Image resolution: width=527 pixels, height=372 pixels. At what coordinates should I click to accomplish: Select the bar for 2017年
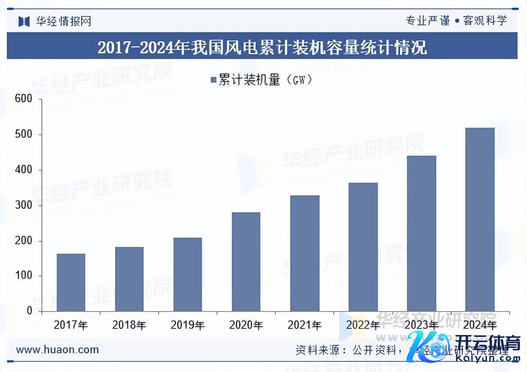point(71,282)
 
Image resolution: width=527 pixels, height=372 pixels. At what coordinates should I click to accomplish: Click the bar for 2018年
point(129,279)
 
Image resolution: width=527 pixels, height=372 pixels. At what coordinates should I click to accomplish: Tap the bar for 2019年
point(188,274)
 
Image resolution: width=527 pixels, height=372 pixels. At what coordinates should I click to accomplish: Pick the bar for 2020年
point(246,262)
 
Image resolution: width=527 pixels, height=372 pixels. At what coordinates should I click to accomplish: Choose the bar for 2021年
point(305,253)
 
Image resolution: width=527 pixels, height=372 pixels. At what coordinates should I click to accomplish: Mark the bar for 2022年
point(363,247)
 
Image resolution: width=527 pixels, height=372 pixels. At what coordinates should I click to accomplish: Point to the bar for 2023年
point(421,233)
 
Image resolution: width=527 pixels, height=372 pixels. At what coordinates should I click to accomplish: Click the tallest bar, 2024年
point(480,219)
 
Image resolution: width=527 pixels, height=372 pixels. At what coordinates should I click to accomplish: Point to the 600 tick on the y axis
point(24,99)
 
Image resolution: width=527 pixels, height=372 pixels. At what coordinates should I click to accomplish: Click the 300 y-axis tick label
point(24,205)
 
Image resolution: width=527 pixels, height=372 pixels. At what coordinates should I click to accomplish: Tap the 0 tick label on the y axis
point(29,311)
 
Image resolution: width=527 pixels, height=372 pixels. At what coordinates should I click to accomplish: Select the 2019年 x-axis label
point(188,325)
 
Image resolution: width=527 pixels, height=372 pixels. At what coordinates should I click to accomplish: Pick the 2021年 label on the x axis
point(305,325)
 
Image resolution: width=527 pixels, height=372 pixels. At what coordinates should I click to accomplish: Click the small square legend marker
point(214,80)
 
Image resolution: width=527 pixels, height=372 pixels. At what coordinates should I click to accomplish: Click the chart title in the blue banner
point(262,47)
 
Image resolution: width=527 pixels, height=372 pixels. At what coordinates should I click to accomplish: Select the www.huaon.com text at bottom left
point(57,350)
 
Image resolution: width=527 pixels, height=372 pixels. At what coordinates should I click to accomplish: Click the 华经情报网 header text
point(63,21)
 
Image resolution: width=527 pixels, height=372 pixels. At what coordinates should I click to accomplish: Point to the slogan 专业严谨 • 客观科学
point(456,20)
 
